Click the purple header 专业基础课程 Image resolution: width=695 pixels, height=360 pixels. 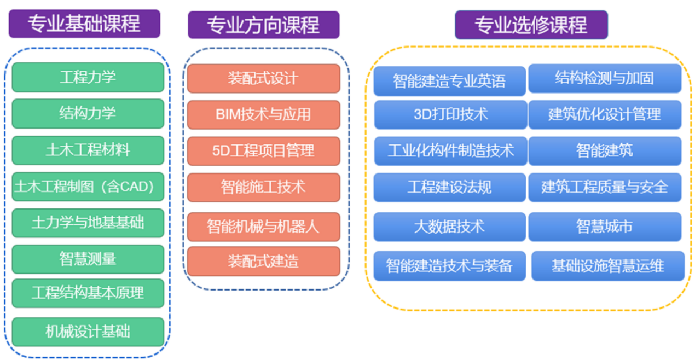[84, 24]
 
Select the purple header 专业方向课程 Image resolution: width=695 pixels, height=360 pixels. [264, 25]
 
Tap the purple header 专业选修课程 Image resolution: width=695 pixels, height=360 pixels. [531, 25]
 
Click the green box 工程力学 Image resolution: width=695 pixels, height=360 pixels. [88, 77]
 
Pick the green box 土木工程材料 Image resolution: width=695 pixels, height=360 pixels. [88, 150]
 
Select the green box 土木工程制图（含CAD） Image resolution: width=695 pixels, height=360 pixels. [88, 187]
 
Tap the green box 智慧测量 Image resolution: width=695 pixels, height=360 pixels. [88, 259]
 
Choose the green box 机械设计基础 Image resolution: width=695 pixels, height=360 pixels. [88, 332]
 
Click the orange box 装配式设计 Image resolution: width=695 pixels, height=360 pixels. [264, 78]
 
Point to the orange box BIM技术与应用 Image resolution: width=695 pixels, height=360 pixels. [264, 115]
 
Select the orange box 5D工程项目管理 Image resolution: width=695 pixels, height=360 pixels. [264, 151]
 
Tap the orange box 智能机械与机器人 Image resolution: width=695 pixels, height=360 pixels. [264, 227]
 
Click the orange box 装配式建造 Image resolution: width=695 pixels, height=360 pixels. [264, 261]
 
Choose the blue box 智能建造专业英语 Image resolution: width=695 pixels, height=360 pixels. [450, 81]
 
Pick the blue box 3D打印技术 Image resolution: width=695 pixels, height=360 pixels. [450, 115]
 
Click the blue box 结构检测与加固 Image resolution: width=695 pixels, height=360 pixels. [605, 78]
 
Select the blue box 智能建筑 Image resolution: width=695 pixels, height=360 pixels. [605, 151]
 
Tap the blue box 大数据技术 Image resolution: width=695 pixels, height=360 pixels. [450, 227]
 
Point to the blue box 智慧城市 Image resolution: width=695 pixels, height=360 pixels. [605, 227]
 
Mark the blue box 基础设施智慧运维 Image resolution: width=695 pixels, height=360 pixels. [608, 266]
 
